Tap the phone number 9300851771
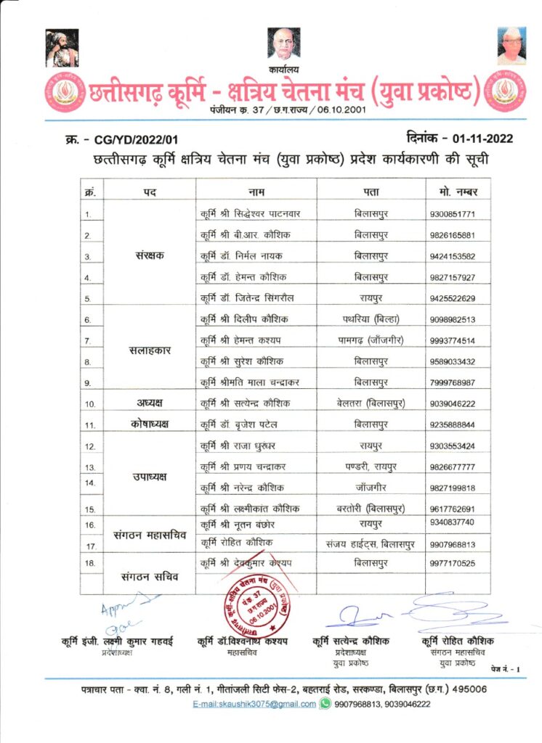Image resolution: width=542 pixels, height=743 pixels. coord(451,215)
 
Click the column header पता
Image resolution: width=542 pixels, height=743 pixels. coord(371,192)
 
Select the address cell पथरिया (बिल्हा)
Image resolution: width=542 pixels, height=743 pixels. coord(371,319)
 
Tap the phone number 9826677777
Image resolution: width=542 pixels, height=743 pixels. coord(451,467)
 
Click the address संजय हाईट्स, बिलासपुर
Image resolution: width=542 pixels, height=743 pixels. coord(371,543)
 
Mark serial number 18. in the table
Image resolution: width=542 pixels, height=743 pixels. coord(89,563)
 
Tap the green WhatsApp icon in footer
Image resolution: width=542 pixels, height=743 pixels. coord(325,703)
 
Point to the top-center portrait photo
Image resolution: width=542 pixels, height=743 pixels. coord(283,44)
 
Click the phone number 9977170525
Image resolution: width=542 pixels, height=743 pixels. coord(451,563)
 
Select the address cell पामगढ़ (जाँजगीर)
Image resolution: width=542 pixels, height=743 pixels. coord(371,340)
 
